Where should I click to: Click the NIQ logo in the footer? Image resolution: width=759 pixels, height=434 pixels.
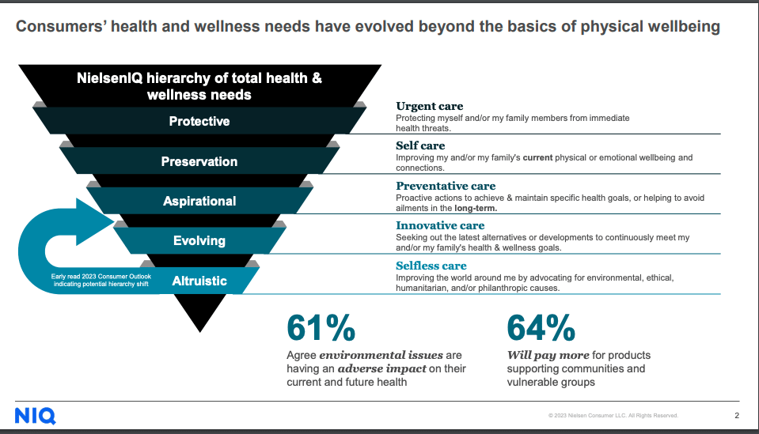(x=35, y=416)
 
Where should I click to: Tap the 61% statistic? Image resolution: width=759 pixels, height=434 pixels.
(x=321, y=328)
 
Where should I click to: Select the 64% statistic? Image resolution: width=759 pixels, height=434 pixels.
(x=541, y=328)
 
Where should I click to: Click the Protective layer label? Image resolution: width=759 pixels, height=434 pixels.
(x=199, y=121)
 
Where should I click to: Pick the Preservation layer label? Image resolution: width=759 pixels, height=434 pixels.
(x=199, y=161)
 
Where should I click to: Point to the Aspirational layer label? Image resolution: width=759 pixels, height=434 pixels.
(x=199, y=201)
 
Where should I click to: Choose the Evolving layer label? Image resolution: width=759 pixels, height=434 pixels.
(x=199, y=240)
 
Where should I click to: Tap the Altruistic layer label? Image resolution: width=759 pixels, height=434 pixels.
(x=199, y=281)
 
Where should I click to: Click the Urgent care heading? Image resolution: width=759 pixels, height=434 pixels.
(x=429, y=106)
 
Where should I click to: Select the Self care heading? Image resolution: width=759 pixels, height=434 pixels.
(x=420, y=145)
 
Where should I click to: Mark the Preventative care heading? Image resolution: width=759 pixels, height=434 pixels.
(x=446, y=186)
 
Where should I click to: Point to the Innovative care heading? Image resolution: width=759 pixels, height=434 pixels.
(x=440, y=226)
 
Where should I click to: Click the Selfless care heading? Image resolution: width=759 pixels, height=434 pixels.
(x=431, y=266)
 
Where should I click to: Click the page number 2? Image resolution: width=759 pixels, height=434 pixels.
(x=737, y=415)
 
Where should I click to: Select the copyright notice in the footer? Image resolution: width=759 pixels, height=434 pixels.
(x=613, y=416)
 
